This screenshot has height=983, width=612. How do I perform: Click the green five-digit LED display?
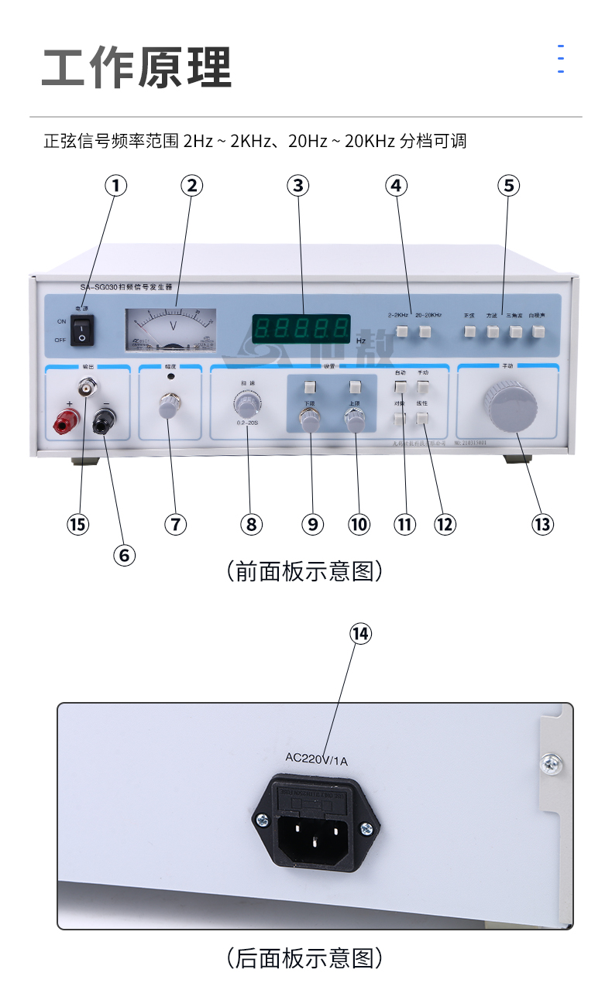coord(301,327)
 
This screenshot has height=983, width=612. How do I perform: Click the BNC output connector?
coord(85,385)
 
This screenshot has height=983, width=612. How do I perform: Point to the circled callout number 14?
coord(360,634)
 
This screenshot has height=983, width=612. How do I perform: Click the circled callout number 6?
coord(124,554)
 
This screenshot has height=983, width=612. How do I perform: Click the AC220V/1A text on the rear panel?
coord(317,759)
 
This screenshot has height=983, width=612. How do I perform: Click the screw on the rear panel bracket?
coord(552,764)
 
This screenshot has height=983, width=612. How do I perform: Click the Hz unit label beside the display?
coord(361,340)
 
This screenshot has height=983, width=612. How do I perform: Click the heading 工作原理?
coord(137,68)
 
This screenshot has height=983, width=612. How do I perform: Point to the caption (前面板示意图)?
coord(305,572)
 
